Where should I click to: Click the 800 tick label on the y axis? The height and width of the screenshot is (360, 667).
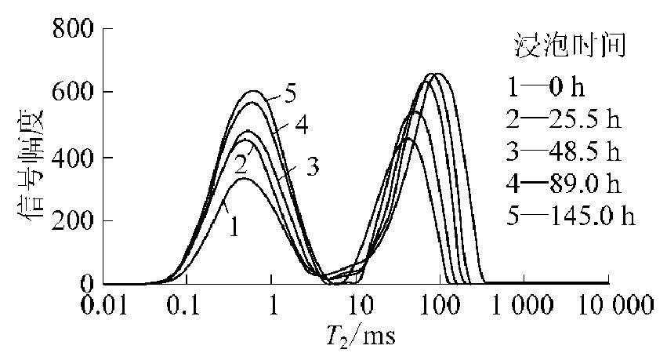pyautogui.click(x=73, y=29)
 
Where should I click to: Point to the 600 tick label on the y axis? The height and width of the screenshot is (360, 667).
pyautogui.click(x=73, y=93)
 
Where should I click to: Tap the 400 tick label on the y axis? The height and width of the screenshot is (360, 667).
pyautogui.click(x=73, y=157)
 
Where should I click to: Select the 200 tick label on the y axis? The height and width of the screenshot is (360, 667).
pyautogui.click(x=73, y=220)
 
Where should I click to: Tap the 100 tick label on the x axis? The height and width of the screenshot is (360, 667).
pyautogui.click(x=441, y=304)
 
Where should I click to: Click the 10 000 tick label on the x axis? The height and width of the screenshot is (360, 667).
pyautogui.click(x=608, y=304)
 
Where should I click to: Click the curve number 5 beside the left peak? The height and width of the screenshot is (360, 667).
pyautogui.click(x=290, y=94)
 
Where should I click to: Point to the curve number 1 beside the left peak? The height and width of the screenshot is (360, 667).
pyautogui.click(x=233, y=227)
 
